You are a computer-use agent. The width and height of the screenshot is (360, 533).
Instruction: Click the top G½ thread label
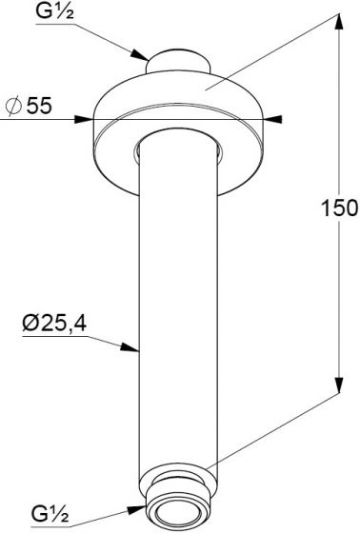click(x=55, y=11)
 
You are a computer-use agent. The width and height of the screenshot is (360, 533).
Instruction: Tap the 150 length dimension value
click(x=339, y=207)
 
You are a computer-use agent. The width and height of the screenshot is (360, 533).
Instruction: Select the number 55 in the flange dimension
click(x=39, y=106)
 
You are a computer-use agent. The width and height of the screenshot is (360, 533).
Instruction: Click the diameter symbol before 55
click(x=13, y=106)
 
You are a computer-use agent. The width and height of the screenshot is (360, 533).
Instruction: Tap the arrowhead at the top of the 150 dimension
click(x=338, y=23)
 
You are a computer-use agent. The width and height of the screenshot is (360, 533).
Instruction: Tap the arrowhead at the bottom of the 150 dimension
click(x=339, y=385)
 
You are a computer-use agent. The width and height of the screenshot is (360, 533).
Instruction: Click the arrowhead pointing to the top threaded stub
click(x=140, y=55)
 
